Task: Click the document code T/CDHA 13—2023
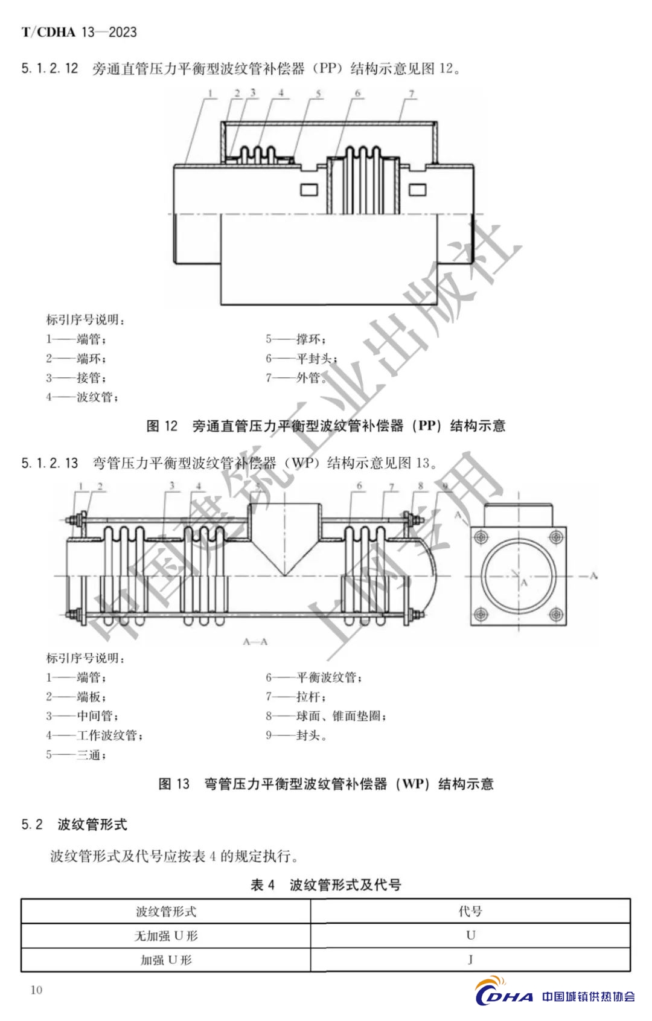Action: tap(79, 32)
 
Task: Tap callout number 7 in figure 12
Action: tap(412, 94)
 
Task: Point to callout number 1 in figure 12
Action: tap(210, 93)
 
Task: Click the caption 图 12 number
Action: tap(162, 426)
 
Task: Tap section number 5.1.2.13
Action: tap(50, 463)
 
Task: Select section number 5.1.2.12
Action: tap(50, 68)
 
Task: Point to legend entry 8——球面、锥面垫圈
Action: tap(326, 716)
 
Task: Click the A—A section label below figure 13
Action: tap(255, 642)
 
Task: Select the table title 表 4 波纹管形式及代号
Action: tap(326, 885)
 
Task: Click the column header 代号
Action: tap(470, 911)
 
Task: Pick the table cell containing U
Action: tap(470, 935)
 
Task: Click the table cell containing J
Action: tap(470, 959)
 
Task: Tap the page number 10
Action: tap(36, 990)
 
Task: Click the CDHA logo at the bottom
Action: tap(504, 996)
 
